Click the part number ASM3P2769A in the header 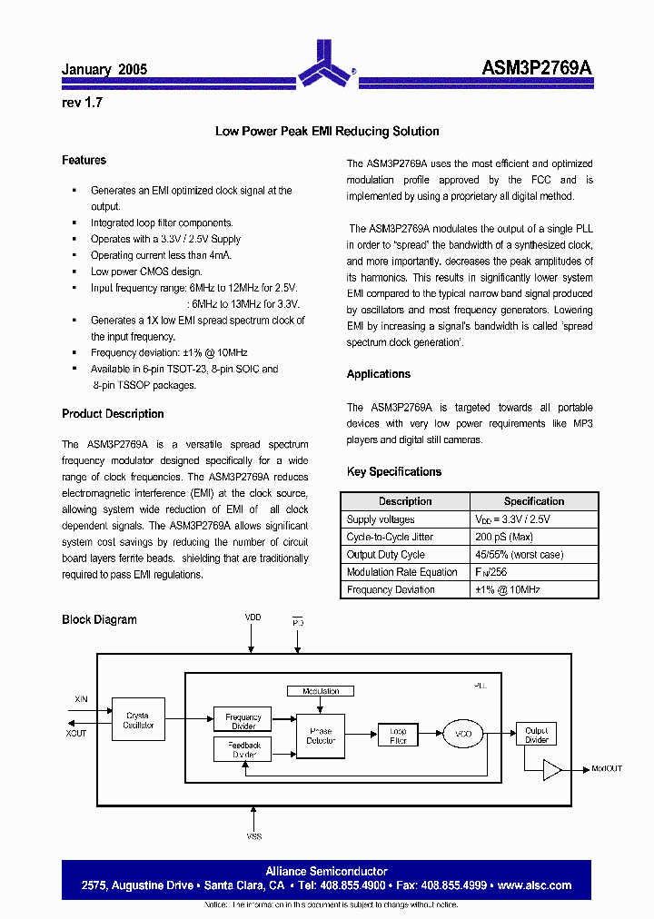536,69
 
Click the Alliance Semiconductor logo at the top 326,63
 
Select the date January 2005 104,69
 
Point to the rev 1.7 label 82,103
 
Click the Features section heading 84,160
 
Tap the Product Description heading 113,414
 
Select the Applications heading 378,374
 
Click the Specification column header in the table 534,501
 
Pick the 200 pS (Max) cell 505,537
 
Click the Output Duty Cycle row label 385,554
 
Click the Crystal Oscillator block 138,720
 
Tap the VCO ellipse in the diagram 463,732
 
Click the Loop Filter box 398,735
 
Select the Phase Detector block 321,735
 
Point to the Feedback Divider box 243,749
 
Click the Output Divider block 537,735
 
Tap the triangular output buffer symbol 551,769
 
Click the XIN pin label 81,699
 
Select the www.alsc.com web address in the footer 535,885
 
